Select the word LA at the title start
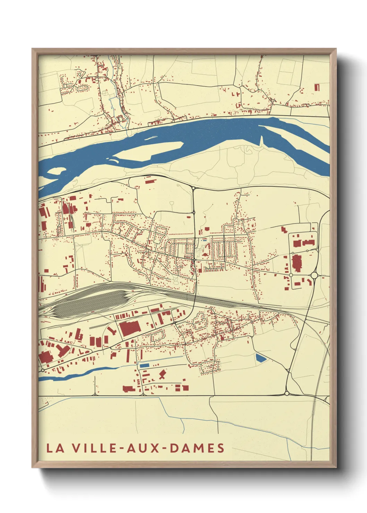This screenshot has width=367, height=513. point(56,448)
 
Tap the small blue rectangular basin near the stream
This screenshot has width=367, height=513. point(144,365)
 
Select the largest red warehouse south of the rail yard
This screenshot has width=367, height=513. point(130,328)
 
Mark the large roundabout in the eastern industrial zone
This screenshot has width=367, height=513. point(314,275)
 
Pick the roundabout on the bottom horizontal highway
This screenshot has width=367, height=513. point(287,393)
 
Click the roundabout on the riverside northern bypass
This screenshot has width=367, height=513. point(193,188)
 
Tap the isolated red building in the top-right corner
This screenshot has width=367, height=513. point(317,87)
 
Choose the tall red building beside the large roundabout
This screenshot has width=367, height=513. point(297,263)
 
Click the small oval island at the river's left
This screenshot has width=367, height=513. point(56,171)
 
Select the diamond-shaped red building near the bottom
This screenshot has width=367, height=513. point(162,374)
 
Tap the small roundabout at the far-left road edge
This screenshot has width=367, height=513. point(43,370)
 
